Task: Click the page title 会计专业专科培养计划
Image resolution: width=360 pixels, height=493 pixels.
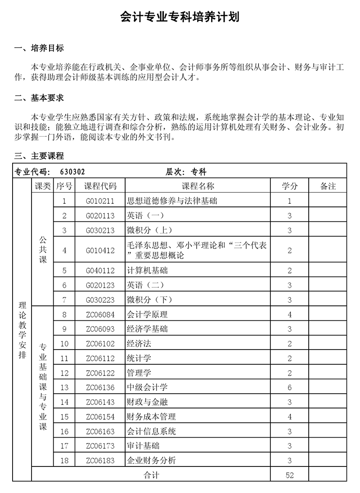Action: [180, 18]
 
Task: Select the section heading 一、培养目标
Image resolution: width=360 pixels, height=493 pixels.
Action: [39, 49]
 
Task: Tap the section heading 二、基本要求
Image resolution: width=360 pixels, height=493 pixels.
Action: [39, 98]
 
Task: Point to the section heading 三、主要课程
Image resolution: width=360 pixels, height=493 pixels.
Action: [39, 156]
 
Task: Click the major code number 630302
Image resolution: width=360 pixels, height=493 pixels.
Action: [72, 171]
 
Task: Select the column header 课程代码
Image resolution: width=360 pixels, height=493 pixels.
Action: [100, 186]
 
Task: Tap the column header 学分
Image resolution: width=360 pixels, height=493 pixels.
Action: [290, 186]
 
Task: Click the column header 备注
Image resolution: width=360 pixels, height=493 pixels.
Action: [328, 186]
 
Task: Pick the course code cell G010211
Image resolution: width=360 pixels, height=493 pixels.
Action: [100, 201]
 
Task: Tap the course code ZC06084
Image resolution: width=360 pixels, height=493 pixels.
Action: [100, 314]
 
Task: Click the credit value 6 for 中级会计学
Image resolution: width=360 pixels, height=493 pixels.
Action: [290, 387]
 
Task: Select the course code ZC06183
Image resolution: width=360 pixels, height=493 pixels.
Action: [100, 460]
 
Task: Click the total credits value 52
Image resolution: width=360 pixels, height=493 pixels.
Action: [290, 475]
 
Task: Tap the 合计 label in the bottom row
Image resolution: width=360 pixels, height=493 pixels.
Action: [151, 475]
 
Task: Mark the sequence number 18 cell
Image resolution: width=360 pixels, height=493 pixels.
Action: [64, 460]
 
